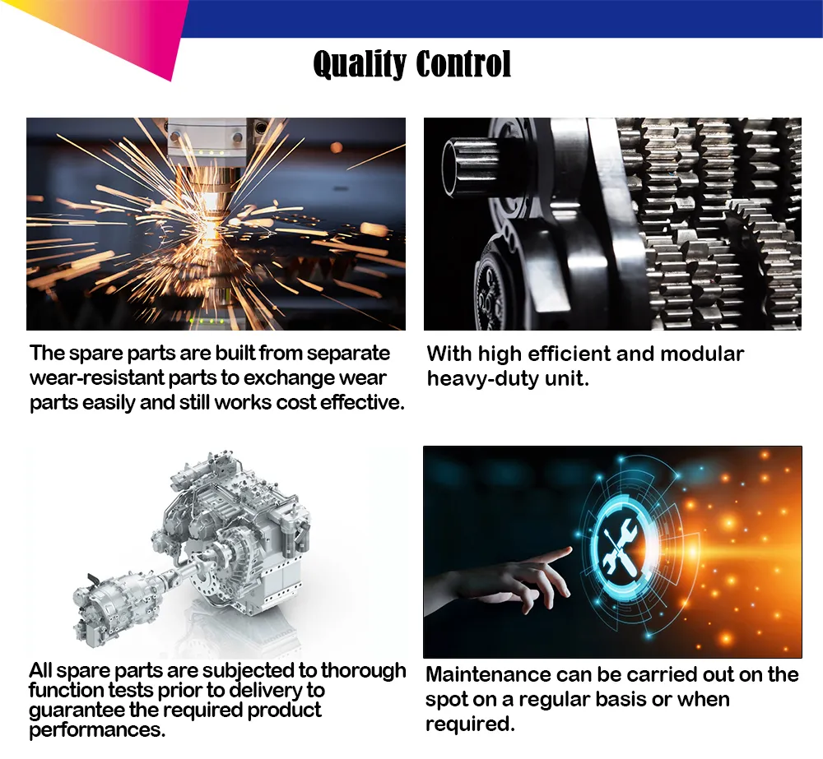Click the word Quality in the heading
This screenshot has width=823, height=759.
(359, 64)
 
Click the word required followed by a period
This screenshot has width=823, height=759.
(470, 724)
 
